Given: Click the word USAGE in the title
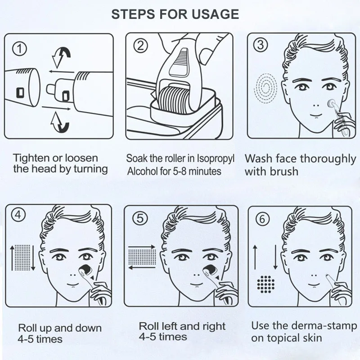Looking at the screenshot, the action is pos(215,14).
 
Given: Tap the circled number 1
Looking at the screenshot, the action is pos(19,49).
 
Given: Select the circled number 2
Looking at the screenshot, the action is pos(140,46).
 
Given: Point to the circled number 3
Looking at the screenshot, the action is pos(261,45).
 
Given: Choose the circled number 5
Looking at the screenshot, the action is pos(140,218).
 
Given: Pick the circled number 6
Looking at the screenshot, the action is pos(262,219).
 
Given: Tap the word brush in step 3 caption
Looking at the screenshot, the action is pos(284,171).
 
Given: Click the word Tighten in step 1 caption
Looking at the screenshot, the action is pos(31,159).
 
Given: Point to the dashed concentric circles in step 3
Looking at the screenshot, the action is pos(266,88).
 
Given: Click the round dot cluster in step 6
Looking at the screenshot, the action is pos(266,284).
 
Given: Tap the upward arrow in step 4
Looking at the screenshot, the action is pos(12,257).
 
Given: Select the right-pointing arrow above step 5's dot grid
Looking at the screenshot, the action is pos(142,247).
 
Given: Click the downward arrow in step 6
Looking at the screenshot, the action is pos(275,257).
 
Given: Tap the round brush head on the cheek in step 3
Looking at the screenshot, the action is pos(332,104).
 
